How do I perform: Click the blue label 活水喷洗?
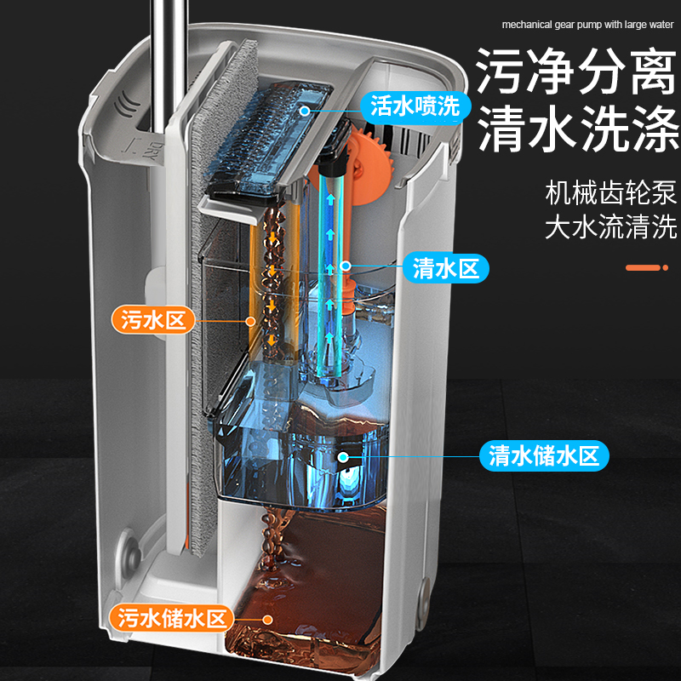[x=415, y=106]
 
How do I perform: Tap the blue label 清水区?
[x=445, y=268]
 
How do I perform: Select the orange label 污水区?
[x=153, y=320]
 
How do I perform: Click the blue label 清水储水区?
[x=544, y=456]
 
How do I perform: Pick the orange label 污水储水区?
[x=172, y=619]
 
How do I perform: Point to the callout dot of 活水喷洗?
[x=305, y=111]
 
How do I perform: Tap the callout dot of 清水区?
[x=346, y=266]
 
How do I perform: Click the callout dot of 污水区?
[x=250, y=322]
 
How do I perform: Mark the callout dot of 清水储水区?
[x=343, y=456]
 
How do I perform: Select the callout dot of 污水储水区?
[x=267, y=620]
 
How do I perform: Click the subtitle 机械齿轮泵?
[x=611, y=192]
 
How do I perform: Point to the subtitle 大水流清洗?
[x=611, y=226]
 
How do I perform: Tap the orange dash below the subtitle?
[x=644, y=267]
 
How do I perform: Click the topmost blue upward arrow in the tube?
[x=331, y=200]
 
